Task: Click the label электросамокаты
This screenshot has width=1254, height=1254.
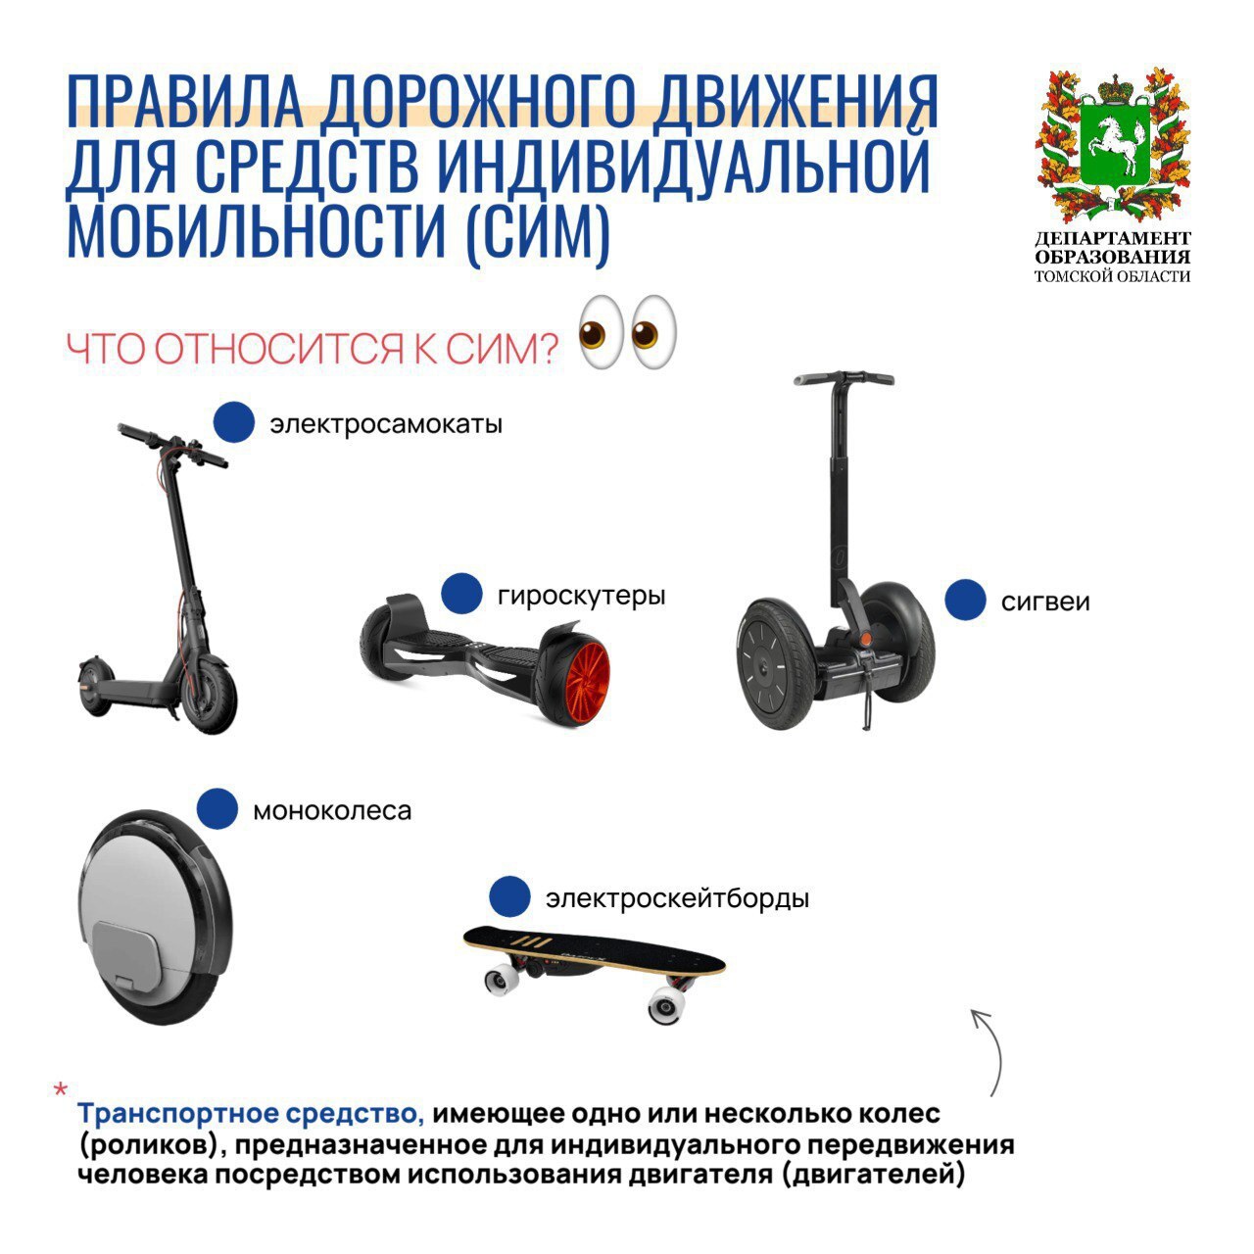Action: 386,424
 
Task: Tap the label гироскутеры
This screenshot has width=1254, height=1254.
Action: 581,596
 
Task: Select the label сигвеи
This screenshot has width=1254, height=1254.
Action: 1045,602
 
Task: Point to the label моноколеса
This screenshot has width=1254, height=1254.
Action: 332,811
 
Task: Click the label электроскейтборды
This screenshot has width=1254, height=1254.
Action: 677,898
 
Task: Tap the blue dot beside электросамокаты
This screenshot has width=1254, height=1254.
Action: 233,421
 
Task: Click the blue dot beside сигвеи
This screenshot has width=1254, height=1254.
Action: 965,600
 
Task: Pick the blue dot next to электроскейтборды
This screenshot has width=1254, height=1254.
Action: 509,896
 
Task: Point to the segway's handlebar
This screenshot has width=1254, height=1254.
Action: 843,378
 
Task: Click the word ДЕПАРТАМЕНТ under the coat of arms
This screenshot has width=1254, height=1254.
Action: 1112,238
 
